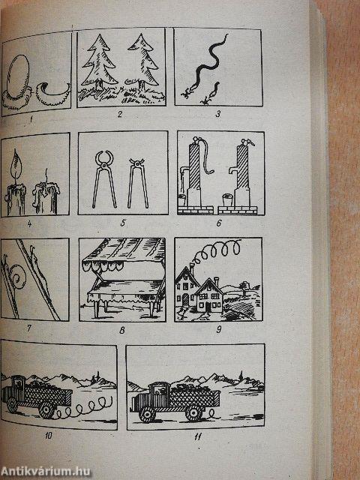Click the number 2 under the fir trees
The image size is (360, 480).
pyautogui.click(x=120, y=115)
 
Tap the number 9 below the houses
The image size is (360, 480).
pyautogui.click(x=218, y=329)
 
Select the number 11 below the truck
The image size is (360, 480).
pyautogui.click(x=198, y=436)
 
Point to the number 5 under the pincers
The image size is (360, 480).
pyautogui.click(x=123, y=223)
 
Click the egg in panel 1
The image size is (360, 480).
pyautogui.click(x=18, y=74)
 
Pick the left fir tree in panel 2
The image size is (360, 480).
pyautogui.click(x=99, y=63)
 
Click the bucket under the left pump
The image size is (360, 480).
pyautogui.click(x=181, y=200)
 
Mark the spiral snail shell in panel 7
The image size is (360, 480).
pyautogui.click(x=17, y=277)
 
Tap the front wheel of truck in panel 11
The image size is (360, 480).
pyautogui.click(x=147, y=414)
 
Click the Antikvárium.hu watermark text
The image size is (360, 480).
pyautogui.click(x=46, y=472)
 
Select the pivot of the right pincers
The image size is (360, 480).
pyautogui.click(x=136, y=164)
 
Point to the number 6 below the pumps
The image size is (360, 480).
pyautogui.click(x=218, y=223)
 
